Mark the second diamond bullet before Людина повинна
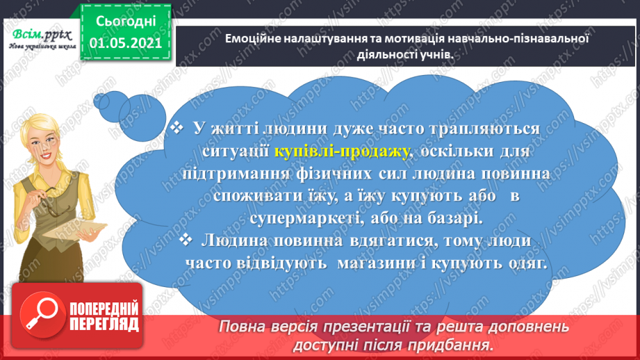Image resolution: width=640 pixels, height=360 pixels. [x=185, y=240]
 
